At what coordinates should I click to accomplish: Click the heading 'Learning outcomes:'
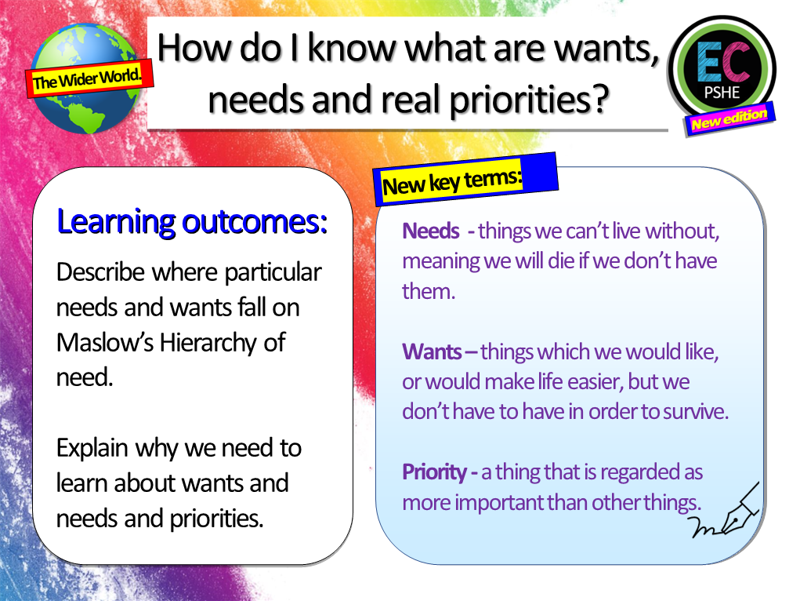pos(192,223)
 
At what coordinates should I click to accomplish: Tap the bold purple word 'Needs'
pos(430,231)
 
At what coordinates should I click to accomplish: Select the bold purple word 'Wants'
pos(432,351)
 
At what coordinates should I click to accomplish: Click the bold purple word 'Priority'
pos(434,472)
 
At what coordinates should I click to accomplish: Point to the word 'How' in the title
pos(187,49)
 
